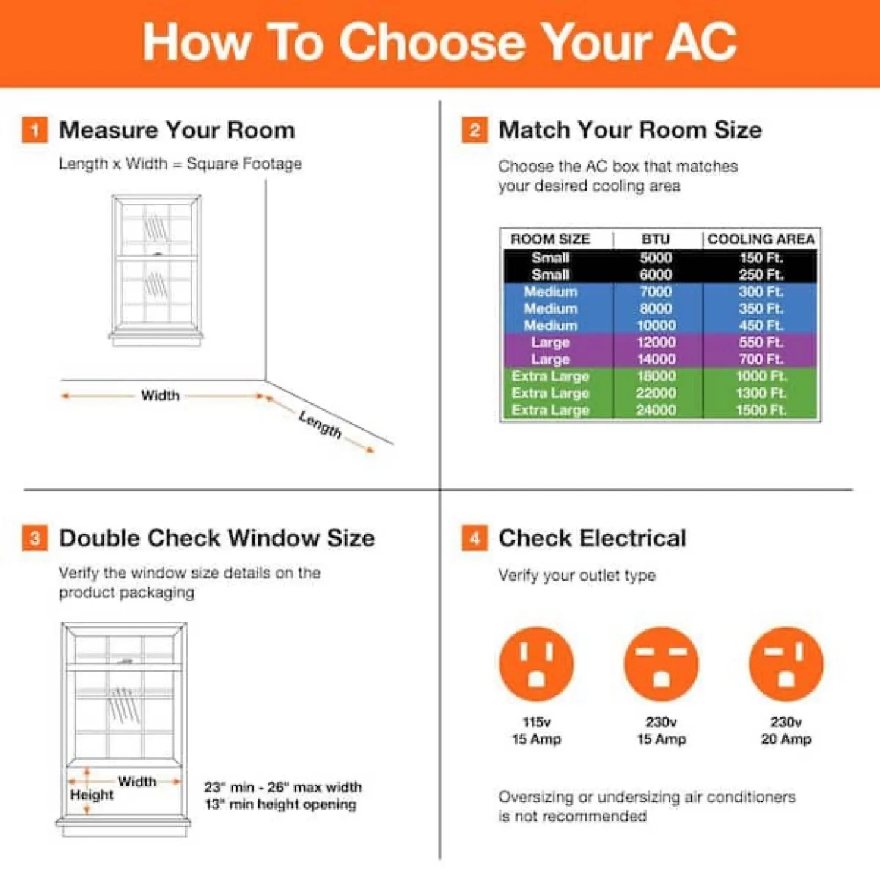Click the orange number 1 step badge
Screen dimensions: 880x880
click(35, 130)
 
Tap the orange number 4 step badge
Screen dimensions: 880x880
click(475, 538)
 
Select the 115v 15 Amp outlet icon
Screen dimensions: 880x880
click(537, 664)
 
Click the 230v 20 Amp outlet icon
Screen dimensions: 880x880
click(786, 664)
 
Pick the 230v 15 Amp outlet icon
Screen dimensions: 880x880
click(661, 664)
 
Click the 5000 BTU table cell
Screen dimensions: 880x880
click(656, 258)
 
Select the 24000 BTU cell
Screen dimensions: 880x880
click(656, 410)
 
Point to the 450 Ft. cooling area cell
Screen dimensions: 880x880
click(761, 326)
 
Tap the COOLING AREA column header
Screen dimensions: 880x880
click(761, 239)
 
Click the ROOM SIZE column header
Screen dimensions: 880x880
click(550, 239)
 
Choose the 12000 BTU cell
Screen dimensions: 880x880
click(656, 342)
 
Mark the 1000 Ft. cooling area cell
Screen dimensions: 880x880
click(761, 376)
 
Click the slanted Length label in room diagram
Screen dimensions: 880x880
click(320, 424)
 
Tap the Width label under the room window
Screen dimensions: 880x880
click(160, 395)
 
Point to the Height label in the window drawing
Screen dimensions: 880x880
click(92, 795)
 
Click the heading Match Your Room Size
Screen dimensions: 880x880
click(630, 130)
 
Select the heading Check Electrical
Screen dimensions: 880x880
click(592, 538)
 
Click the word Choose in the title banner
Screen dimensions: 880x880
click(432, 42)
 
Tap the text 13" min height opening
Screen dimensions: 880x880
click(280, 804)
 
